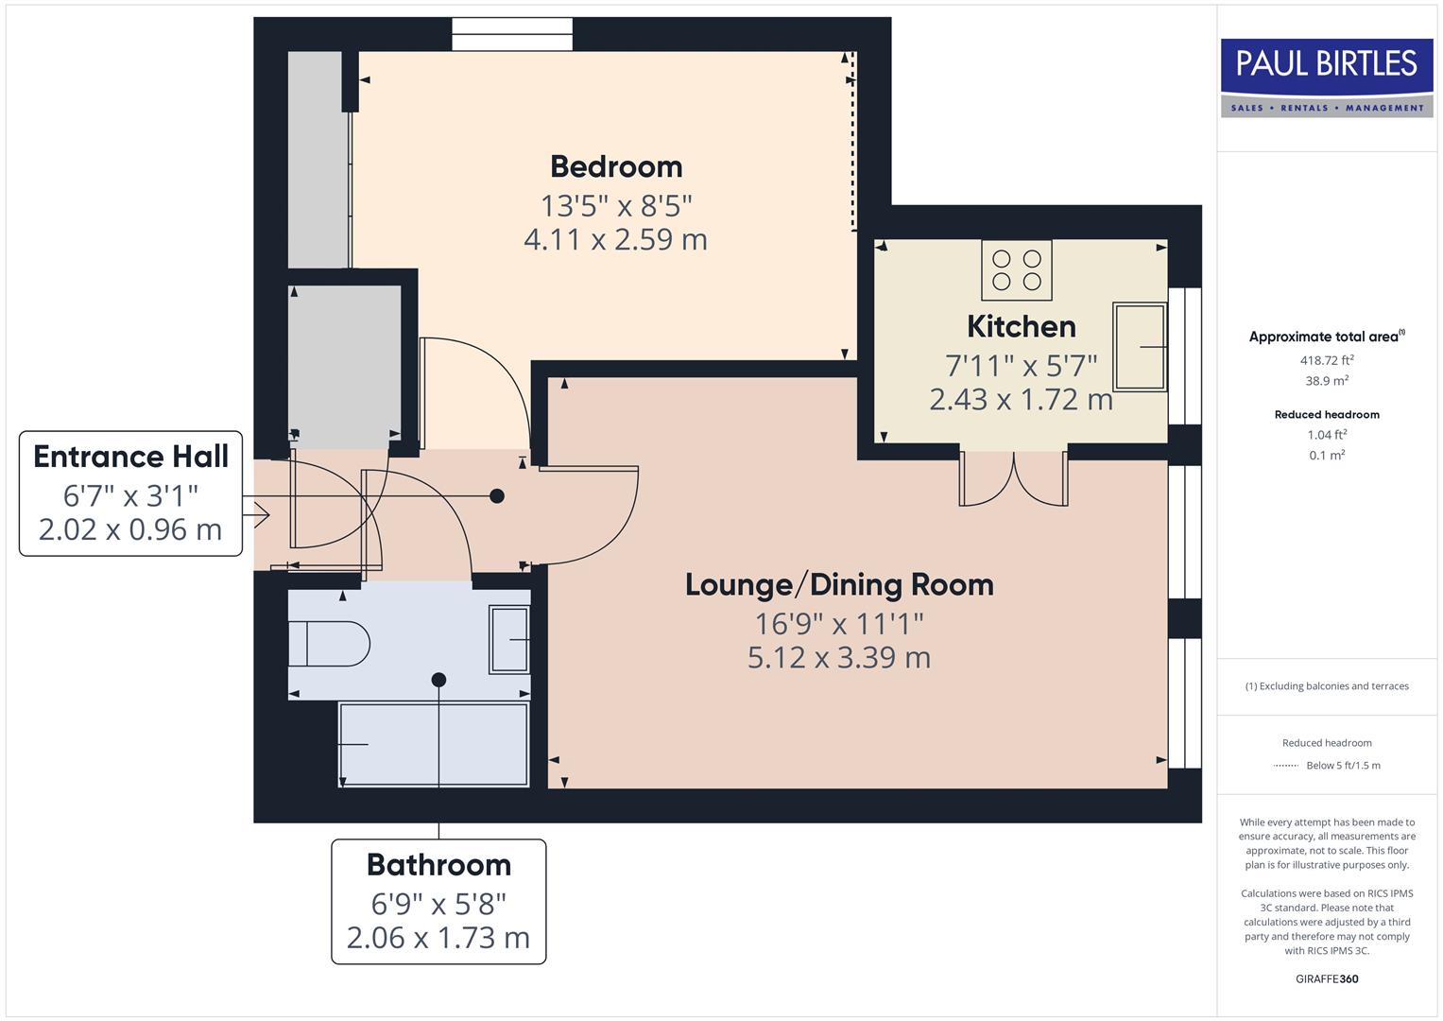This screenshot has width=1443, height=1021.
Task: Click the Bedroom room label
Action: tap(616, 166)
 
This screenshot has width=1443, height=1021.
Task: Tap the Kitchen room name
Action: tap(1021, 326)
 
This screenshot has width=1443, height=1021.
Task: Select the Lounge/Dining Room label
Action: tap(839, 584)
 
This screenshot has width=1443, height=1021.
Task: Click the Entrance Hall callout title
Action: tap(130, 457)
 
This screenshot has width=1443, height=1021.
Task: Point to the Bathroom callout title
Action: tap(438, 865)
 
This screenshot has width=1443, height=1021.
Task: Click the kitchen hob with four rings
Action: tap(1017, 269)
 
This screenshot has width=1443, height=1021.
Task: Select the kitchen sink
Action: tap(1140, 347)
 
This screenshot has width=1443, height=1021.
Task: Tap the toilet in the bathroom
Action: tap(328, 644)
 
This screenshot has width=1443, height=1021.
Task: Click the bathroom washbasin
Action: tap(509, 640)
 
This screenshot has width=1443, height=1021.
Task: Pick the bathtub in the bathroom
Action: tap(434, 744)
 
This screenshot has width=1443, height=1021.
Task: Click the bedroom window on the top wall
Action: tap(512, 35)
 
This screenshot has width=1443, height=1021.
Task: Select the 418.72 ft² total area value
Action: tap(1327, 360)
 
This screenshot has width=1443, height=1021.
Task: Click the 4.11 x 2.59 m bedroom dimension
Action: tap(616, 239)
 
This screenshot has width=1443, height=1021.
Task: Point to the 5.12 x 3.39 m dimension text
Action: tap(839, 657)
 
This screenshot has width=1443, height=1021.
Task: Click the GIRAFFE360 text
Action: tap(1327, 978)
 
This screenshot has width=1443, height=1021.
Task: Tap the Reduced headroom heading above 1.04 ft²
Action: tap(1327, 414)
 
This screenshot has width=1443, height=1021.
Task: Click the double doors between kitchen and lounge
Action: tap(1014, 478)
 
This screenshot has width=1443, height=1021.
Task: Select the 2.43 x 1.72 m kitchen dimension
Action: tap(1021, 399)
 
